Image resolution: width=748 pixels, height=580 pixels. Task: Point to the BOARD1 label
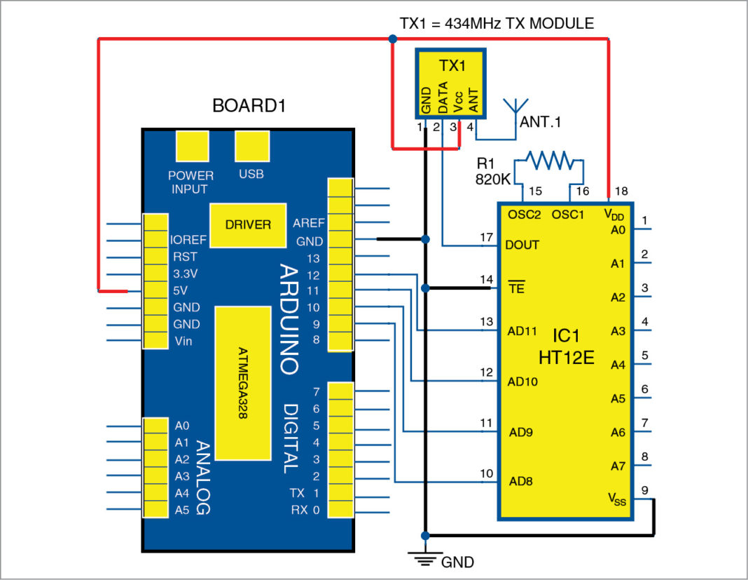point(249,107)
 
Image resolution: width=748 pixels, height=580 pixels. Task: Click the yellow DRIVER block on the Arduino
point(248,225)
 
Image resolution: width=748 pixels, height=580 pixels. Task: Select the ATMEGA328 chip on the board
point(242,383)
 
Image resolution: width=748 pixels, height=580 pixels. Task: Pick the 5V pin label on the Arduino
point(180,290)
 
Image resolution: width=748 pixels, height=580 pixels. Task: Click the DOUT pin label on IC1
point(522,245)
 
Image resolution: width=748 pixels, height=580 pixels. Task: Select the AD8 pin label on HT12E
point(520,482)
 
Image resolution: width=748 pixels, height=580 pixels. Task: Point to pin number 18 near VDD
point(621,191)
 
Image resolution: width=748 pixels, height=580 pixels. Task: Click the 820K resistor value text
point(494,180)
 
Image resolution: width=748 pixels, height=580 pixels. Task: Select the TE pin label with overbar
point(515,287)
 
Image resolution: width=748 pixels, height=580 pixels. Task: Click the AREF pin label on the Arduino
point(309,223)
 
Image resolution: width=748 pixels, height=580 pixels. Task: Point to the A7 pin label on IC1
point(616,466)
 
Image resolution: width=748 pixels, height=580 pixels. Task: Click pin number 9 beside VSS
point(644,490)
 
